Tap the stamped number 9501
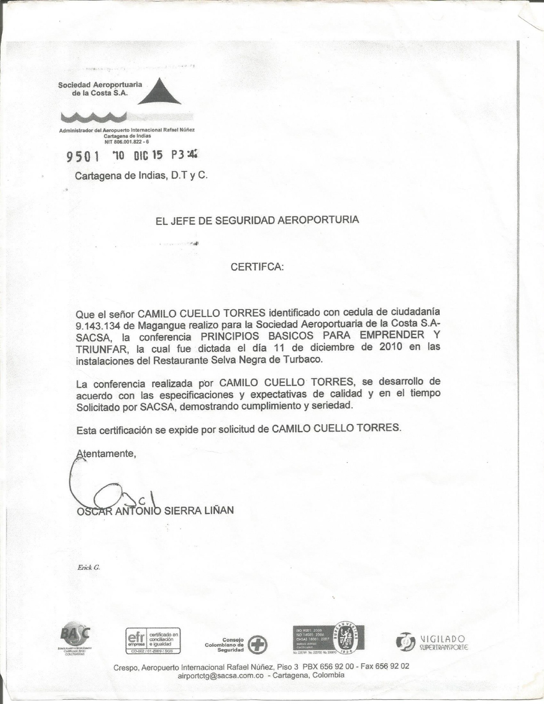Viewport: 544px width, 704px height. click(83, 157)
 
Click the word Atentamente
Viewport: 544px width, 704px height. click(106, 454)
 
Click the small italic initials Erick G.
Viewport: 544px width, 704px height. click(88, 567)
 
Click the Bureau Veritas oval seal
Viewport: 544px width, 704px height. click(345, 638)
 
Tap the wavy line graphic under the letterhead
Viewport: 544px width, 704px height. click(94, 117)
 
